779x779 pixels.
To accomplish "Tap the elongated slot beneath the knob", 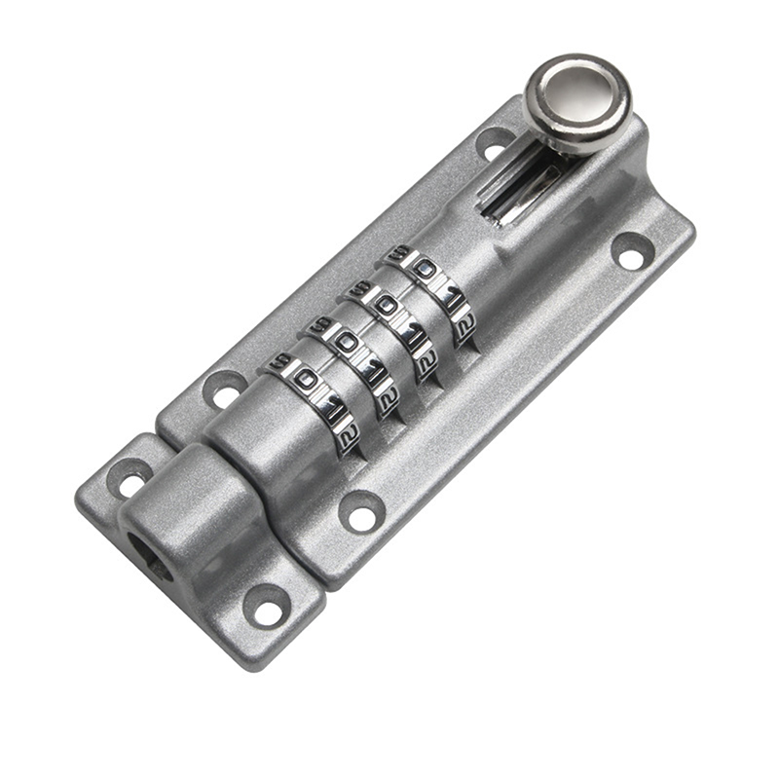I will (526, 189).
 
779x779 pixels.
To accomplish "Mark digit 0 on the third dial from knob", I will (346, 341).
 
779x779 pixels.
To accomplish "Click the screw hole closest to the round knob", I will (495, 143).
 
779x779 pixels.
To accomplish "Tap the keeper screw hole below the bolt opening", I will (265, 608).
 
